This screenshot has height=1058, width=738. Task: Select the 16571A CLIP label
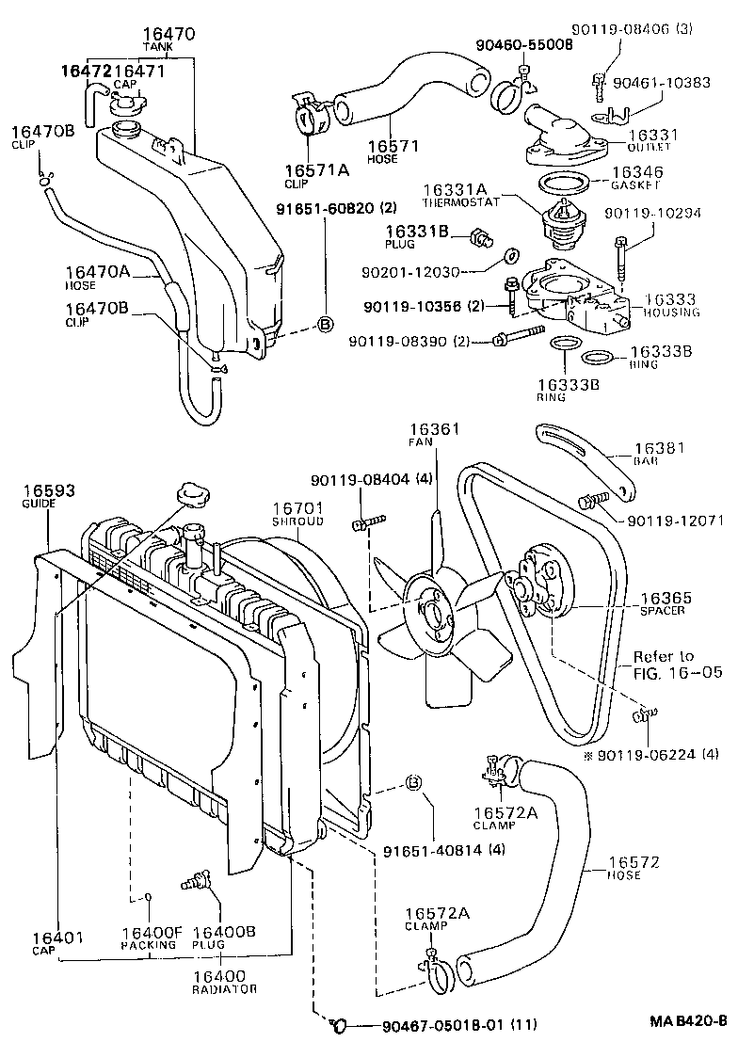click(317, 176)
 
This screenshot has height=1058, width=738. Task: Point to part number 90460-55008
click(523, 44)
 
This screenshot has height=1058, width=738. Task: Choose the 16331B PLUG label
click(412, 236)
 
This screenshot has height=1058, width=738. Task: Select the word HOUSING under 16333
click(673, 312)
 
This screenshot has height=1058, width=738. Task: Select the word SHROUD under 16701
click(297, 521)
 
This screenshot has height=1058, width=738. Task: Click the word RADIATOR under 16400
click(224, 989)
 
